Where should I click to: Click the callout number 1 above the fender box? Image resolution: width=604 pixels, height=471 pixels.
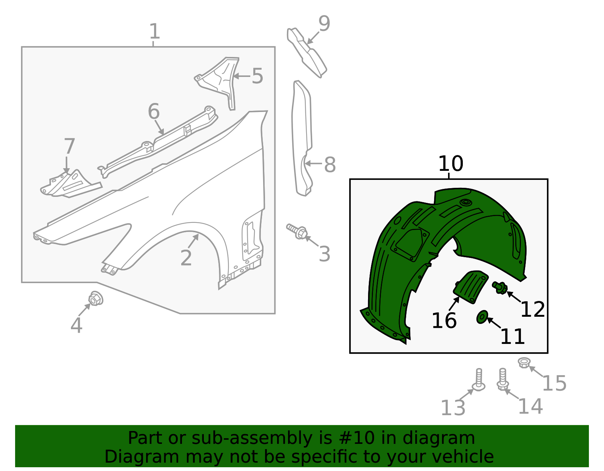(x=154, y=32)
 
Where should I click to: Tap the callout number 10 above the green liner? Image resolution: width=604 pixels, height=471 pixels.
(x=450, y=164)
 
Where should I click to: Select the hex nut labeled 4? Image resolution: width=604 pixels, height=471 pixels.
(x=96, y=299)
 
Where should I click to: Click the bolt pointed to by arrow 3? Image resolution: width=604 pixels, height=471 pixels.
(x=297, y=231)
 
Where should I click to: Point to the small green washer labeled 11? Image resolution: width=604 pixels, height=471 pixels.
(x=482, y=317)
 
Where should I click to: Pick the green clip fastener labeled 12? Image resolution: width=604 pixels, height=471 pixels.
(x=500, y=288)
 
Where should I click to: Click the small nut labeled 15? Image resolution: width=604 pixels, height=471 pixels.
(x=524, y=363)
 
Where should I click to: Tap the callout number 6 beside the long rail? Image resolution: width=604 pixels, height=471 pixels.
(x=154, y=112)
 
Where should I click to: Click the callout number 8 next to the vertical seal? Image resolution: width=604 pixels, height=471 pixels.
(x=330, y=165)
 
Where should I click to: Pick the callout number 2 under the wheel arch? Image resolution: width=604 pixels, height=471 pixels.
(x=186, y=258)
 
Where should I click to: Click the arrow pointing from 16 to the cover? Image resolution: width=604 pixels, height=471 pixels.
(x=454, y=304)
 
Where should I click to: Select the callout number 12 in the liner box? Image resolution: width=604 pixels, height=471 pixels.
(x=532, y=309)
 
